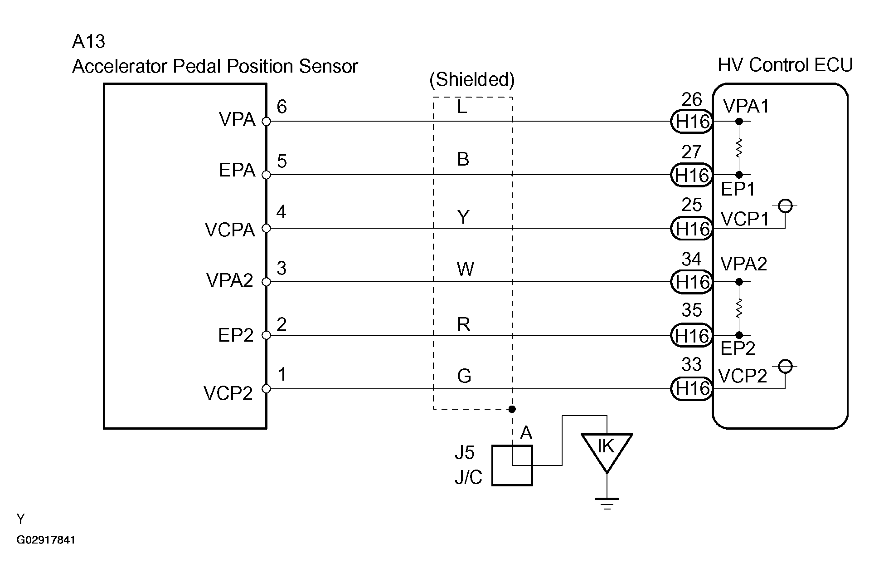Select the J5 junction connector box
(512, 465)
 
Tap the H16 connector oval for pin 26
(692, 122)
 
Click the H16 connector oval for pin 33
(692, 388)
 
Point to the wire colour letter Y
(463, 217)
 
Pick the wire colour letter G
(464, 376)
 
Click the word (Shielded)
(472, 80)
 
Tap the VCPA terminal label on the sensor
(230, 230)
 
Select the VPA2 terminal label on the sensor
(229, 280)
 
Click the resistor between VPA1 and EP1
(739, 148)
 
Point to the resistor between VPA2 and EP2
(739, 309)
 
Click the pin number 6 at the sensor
(282, 107)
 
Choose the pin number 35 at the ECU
(691, 310)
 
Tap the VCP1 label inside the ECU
(745, 220)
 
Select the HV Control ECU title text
(785, 65)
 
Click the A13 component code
(89, 42)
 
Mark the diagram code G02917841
(46, 540)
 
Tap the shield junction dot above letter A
(512, 409)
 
